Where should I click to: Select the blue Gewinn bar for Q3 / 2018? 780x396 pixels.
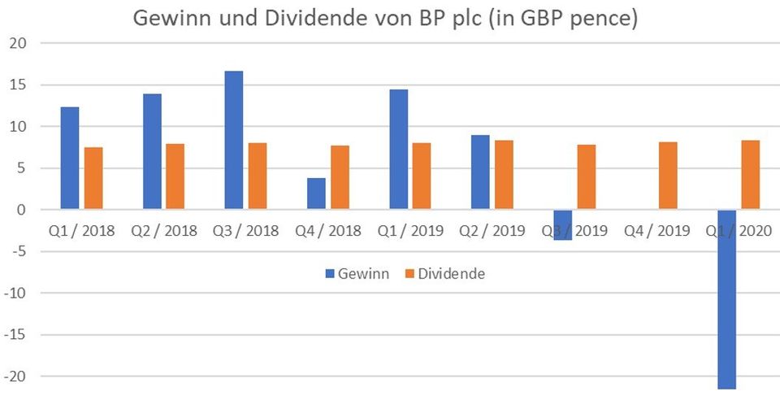pos(234,141)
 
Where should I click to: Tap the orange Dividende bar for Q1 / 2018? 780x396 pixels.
pos(93,178)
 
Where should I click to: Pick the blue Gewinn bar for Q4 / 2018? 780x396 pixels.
pos(316,194)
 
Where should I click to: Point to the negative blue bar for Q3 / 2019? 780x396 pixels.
pos(562,224)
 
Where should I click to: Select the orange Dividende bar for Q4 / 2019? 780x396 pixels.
pos(668,176)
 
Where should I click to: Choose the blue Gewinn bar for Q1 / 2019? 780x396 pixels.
pos(398,150)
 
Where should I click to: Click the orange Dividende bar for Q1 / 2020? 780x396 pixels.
pos(750,175)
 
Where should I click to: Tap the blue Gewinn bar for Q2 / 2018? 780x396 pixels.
pos(152,152)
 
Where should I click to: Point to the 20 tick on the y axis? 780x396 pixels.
pos(16,43)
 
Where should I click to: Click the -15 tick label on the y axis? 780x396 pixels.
pos(16,335)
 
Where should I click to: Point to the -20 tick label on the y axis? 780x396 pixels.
pos(16,376)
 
